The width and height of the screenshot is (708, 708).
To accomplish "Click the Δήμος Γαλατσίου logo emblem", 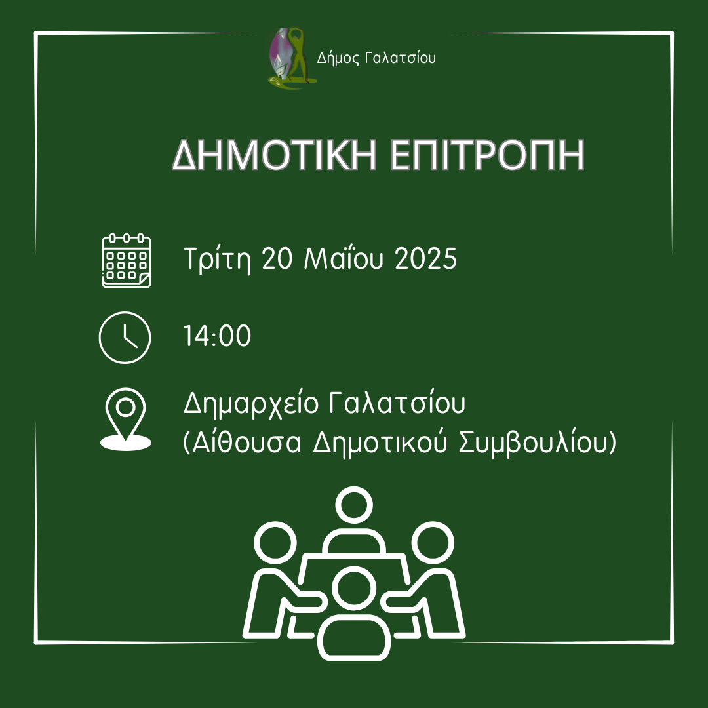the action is point(291,58).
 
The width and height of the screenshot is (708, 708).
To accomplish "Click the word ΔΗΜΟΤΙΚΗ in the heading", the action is point(274,155).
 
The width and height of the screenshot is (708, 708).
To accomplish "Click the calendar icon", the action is point(127,260).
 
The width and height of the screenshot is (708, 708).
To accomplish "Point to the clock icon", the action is point(125,338).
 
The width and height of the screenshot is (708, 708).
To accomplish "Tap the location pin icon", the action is point(125,420).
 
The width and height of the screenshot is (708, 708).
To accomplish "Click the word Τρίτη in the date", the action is point(217,259).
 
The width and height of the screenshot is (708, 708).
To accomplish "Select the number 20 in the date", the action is point(277,259).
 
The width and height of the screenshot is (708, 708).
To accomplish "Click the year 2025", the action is point(426,259).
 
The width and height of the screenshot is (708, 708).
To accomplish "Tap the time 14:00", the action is point(217,336).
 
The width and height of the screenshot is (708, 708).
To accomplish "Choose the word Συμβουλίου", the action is point(533,443).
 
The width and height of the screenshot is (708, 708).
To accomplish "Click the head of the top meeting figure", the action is point(354,505).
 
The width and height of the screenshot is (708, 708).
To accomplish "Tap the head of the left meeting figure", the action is point(275,543).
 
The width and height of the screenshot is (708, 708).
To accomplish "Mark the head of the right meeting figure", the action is point(433,543).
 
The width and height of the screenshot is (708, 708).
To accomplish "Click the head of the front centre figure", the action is point(354,590).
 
